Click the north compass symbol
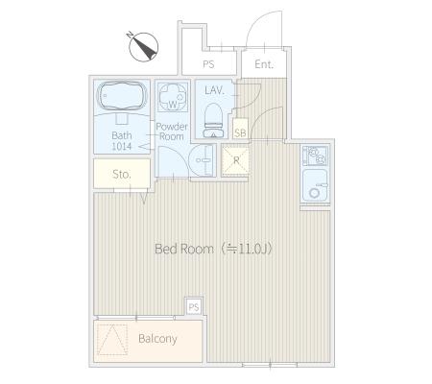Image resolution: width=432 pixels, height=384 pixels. [x=143, y=47]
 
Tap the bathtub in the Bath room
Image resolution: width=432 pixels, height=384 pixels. [x=122, y=96]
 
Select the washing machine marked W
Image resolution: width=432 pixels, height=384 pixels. [x=173, y=97]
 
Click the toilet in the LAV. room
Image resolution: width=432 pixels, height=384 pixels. [x=213, y=121]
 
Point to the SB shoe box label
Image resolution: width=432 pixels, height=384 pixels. [x=240, y=132]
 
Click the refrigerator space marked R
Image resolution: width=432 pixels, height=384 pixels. [x=236, y=160]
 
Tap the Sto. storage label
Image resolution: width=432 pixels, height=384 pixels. [x=122, y=175]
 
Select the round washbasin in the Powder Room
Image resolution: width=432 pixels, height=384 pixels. [x=202, y=160]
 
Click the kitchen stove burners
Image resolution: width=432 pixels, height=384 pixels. [x=315, y=156]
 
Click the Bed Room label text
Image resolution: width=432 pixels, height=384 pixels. [x=184, y=249]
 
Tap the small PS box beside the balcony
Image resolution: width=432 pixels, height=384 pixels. [x=194, y=307]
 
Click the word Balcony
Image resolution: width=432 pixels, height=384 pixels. [x=157, y=339]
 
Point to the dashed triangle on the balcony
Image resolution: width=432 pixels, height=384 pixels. [x=112, y=339]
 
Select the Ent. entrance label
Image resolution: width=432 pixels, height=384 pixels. [x=264, y=64]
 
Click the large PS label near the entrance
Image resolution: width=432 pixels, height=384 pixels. [x=208, y=64]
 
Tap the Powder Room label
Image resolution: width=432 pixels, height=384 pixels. [x=172, y=132]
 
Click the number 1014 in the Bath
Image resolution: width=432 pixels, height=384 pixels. [x=122, y=147]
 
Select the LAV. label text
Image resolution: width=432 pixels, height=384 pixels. [x=214, y=90]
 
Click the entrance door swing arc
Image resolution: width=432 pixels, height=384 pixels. [x=256, y=21]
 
